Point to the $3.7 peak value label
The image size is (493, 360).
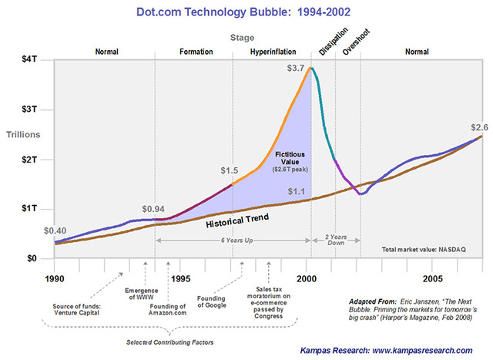click(x=297, y=69)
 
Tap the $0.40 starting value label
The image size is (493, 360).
click(x=55, y=230)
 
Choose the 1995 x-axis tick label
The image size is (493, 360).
click(x=180, y=278)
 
